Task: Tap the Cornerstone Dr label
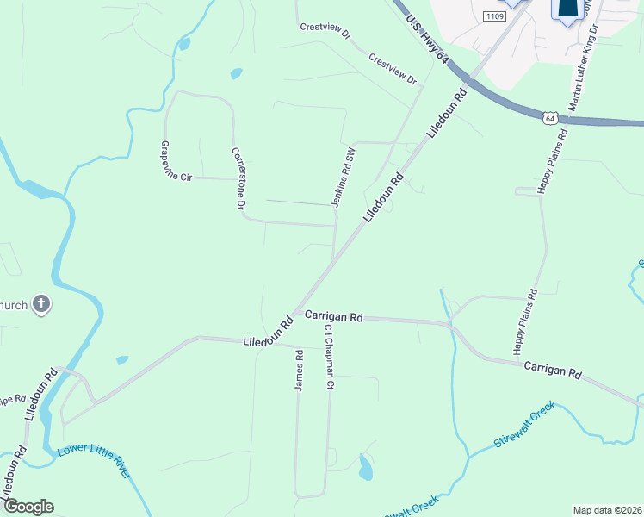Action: pos(238,178)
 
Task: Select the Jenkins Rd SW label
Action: pos(344,177)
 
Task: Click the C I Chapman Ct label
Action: pos(328,357)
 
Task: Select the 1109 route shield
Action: pos(494,16)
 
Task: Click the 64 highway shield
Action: pos(549,117)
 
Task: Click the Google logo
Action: pos(28,507)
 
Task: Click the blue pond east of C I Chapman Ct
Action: pos(365,467)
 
